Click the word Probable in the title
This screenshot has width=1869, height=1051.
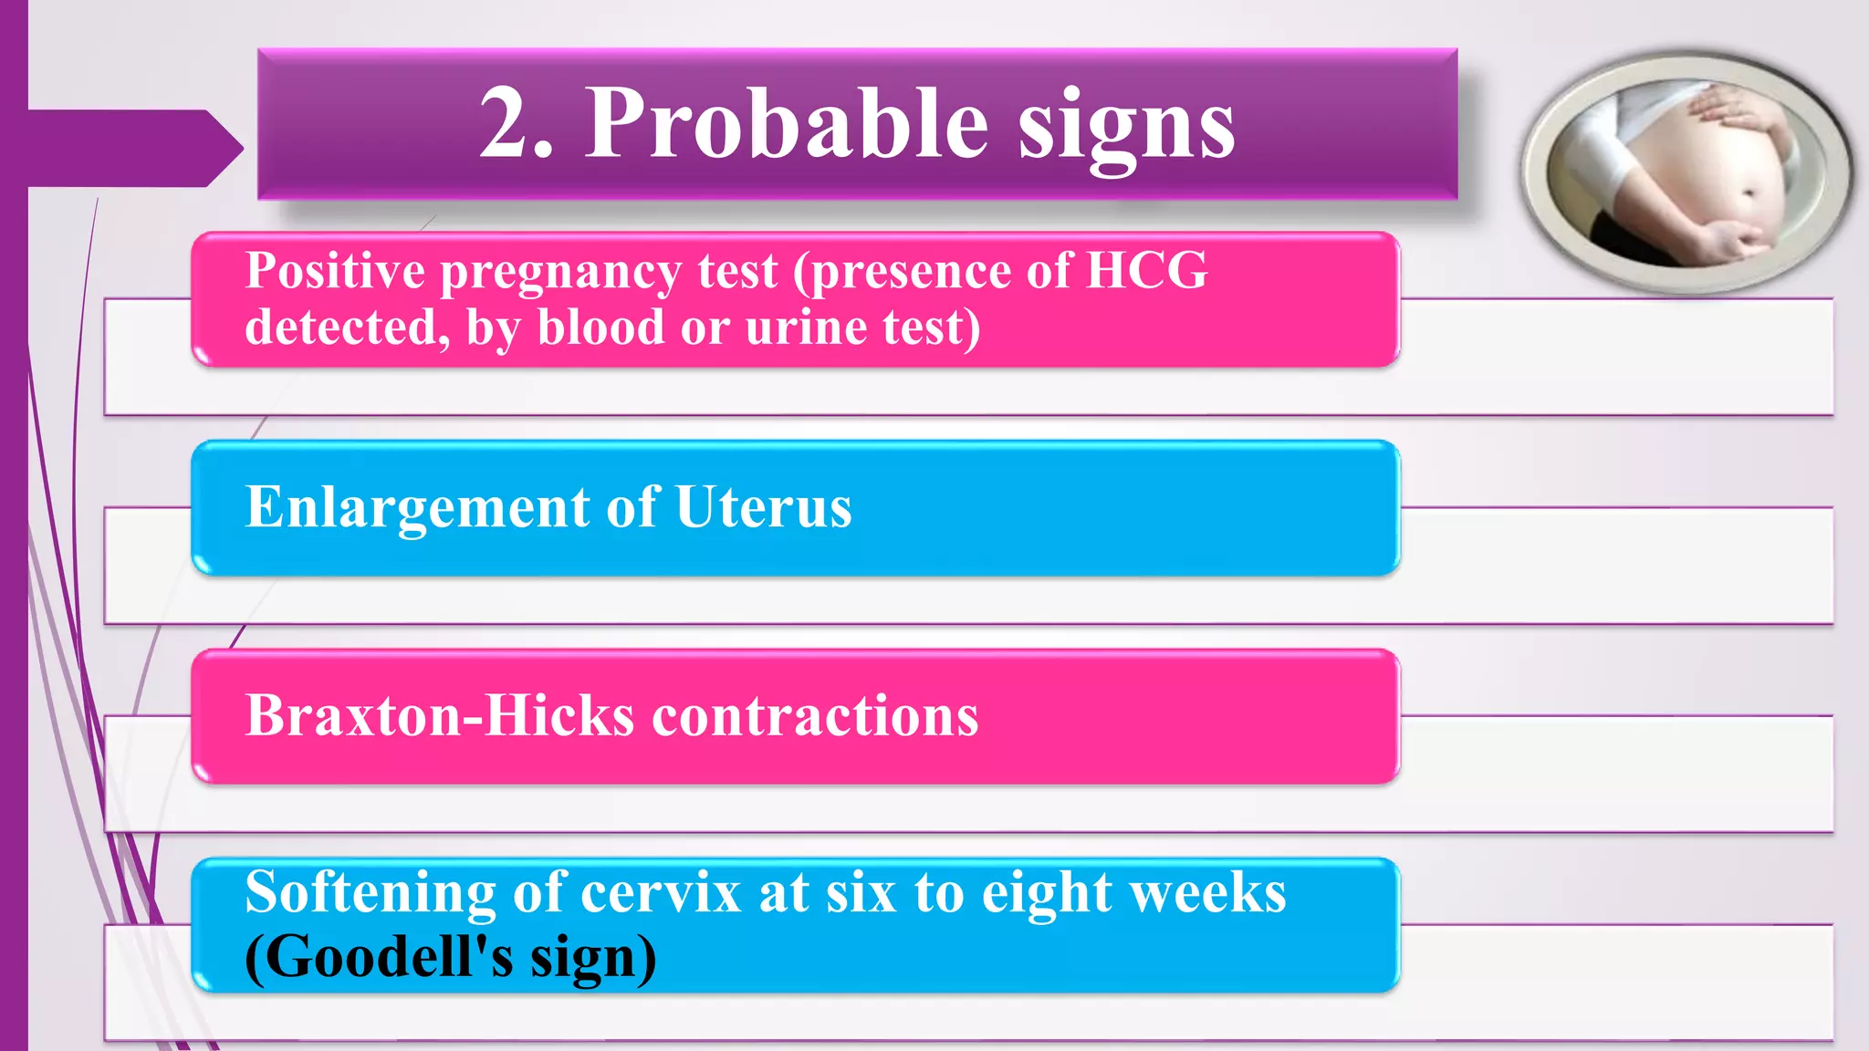coord(787,124)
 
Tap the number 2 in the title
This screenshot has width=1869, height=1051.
coord(507,124)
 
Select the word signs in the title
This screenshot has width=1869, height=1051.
coord(1126,128)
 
